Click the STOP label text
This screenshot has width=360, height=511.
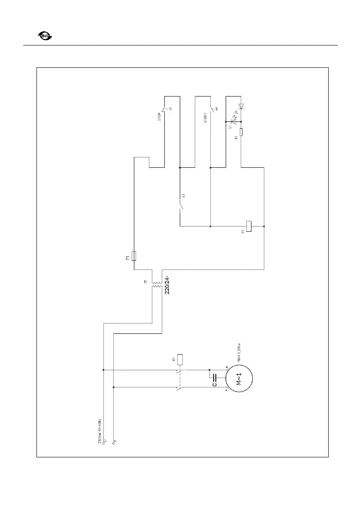pos(159,117)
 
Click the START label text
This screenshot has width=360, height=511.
pos(206,118)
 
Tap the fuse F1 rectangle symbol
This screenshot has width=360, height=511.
pos(134,257)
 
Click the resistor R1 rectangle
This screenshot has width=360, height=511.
pos(241,132)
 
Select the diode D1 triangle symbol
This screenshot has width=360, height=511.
pos(241,105)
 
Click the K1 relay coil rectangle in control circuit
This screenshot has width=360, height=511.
pos(248,226)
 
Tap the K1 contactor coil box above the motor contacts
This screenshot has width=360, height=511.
pos(181,359)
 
